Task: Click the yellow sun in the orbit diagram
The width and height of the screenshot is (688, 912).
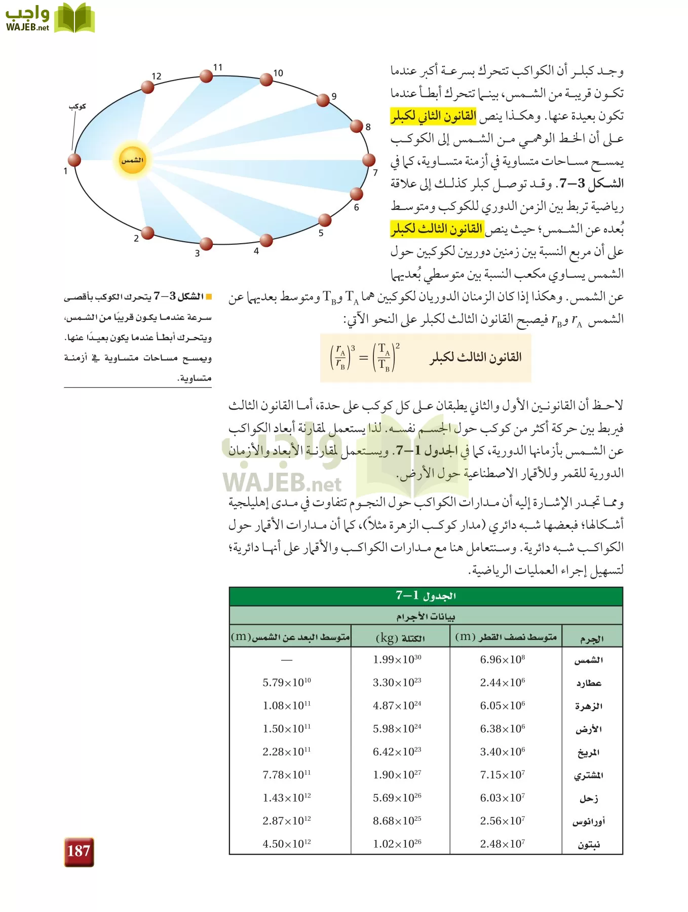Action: (x=132, y=160)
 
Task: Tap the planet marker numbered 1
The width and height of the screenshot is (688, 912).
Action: (x=74, y=160)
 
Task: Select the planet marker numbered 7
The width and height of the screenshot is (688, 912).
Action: (x=369, y=160)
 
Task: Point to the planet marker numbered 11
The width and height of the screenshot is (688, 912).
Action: (x=206, y=76)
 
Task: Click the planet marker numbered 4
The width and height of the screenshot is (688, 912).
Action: (x=266, y=240)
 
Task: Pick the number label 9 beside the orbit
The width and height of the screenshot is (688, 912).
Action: (x=334, y=96)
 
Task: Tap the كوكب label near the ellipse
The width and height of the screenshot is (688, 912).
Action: (x=78, y=106)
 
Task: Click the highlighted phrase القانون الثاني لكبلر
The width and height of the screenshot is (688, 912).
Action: (x=433, y=116)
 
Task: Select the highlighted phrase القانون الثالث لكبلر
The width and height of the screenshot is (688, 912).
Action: (x=437, y=229)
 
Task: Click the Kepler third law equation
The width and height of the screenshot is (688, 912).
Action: (x=365, y=357)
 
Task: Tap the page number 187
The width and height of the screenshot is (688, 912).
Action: (x=79, y=851)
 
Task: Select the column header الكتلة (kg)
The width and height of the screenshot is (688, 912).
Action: (x=400, y=637)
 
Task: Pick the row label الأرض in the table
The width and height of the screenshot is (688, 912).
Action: (x=588, y=730)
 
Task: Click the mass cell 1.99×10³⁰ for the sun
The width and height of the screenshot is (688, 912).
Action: (x=397, y=660)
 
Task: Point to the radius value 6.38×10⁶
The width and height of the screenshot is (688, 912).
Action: (x=502, y=729)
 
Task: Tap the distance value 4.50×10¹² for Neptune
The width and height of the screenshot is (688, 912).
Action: (x=287, y=844)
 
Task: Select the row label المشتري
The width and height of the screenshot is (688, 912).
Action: (x=588, y=776)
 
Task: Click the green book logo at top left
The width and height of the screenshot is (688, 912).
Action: (x=74, y=18)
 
